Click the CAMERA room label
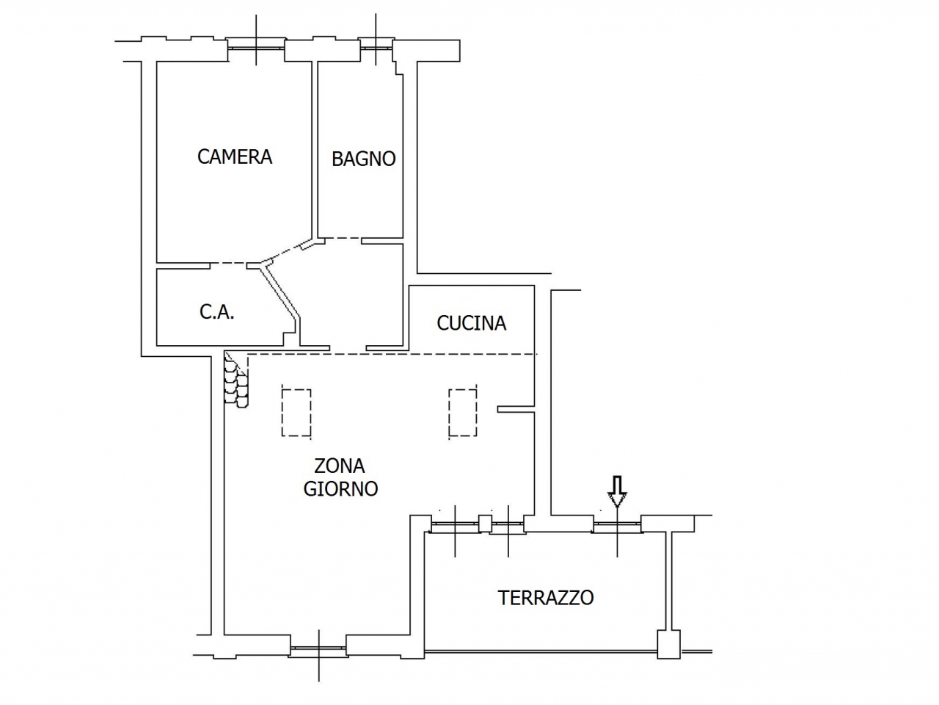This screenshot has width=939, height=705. (x=235, y=156)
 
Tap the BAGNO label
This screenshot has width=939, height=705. (x=364, y=159)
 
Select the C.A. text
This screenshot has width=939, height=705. (x=217, y=312)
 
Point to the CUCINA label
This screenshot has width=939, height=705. (x=471, y=323)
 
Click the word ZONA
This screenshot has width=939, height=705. (x=340, y=466)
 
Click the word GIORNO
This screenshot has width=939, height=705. (x=340, y=489)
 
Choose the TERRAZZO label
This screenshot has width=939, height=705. (x=546, y=598)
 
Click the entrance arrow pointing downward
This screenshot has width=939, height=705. (x=618, y=491)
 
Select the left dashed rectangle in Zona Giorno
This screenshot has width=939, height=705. (x=296, y=413)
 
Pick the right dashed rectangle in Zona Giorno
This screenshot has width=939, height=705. (x=463, y=413)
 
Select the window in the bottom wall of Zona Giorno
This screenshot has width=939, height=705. (x=318, y=649)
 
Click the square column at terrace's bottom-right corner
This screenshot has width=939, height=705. (x=668, y=644)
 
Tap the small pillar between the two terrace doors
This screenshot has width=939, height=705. (x=485, y=524)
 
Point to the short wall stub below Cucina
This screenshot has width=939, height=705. (x=515, y=408)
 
